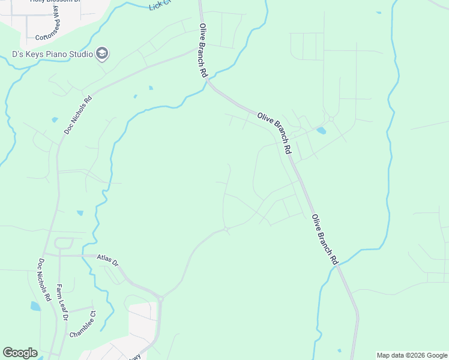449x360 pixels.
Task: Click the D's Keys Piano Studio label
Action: [52, 55]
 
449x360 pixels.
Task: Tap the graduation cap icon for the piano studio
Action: [102, 55]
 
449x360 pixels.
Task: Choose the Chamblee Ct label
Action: [82, 324]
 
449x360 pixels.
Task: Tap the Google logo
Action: [20, 353]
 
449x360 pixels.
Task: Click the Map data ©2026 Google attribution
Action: [412, 355]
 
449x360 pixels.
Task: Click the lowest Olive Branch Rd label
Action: [325, 239]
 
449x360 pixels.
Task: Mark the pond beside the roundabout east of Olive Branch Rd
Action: [321, 130]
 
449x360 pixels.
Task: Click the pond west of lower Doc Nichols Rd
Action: [35, 306]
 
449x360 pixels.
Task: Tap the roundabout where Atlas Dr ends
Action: [160, 297]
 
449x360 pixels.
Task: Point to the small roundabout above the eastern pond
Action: [331, 119]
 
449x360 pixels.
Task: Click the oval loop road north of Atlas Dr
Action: [64, 243]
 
